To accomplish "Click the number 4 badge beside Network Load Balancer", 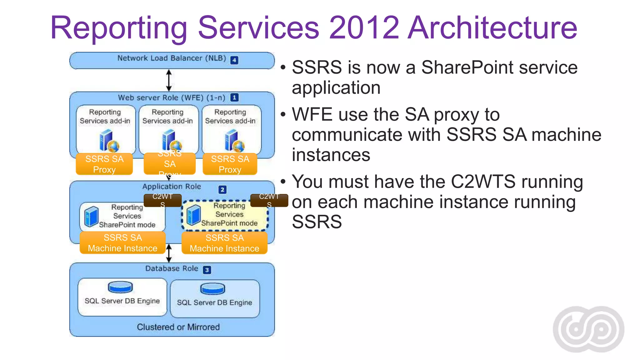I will (x=234, y=60).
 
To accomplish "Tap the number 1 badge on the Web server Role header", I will (x=234, y=97).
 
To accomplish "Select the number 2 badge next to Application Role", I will (x=222, y=189).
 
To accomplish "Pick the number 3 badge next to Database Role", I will (x=207, y=270).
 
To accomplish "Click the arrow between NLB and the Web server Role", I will (x=169, y=80).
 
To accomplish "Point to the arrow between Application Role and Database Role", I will (x=169, y=253).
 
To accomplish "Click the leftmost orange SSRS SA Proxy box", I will (x=104, y=164).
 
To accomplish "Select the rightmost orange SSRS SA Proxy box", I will (x=230, y=164).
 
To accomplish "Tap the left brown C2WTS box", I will (x=162, y=200).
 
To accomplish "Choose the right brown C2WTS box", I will (x=269, y=200).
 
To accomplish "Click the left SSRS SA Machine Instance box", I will (x=122, y=243).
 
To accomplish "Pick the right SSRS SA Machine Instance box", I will (x=224, y=243).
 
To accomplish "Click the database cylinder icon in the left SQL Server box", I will (x=120, y=287).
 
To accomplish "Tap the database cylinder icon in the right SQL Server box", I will (x=212, y=289).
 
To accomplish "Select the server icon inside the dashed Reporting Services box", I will (x=193, y=215).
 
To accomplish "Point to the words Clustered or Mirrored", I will (x=178, y=327).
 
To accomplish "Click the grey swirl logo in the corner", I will (x=588, y=329).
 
